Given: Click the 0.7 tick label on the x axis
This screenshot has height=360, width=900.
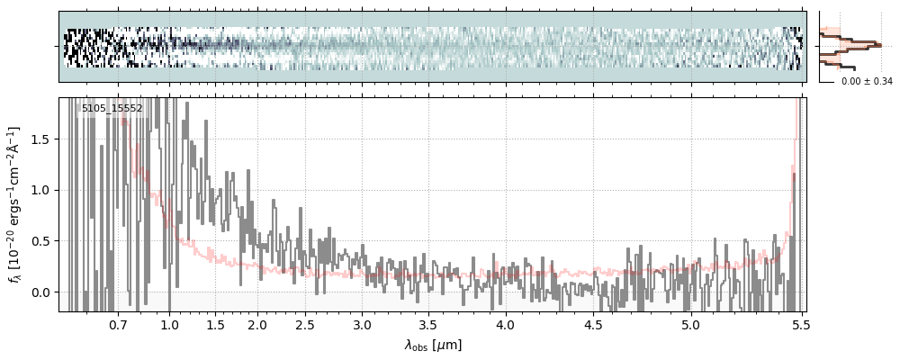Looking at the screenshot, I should coord(117,324).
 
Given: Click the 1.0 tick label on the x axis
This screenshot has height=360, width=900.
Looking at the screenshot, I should coord(170,324).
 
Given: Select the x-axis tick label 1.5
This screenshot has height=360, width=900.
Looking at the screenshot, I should coord(215,324).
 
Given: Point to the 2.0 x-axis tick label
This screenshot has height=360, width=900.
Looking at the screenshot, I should coord(257,324).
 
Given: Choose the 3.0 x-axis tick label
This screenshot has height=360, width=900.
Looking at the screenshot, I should coord(362,324).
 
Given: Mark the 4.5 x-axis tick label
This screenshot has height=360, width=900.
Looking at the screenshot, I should coord(593,324).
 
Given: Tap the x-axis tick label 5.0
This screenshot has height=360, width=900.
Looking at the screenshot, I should coord(690,324).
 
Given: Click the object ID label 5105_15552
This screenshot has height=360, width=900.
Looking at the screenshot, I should coord(112,109).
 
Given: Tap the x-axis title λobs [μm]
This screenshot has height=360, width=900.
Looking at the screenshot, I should coord(433,345).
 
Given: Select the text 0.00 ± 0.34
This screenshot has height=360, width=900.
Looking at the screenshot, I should coord(867,82).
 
